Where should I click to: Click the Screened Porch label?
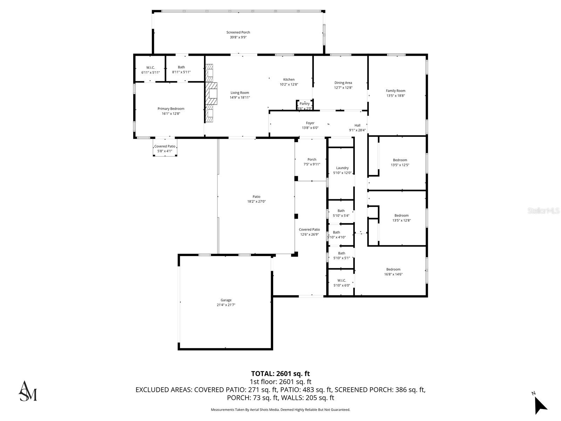(238, 33)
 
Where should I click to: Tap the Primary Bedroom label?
(171, 109)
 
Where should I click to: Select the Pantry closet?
(304, 105)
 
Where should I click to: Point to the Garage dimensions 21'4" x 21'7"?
(226, 305)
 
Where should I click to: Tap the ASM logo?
(27, 391)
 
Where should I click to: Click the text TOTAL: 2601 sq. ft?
(280, 374)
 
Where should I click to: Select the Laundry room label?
(342, 168)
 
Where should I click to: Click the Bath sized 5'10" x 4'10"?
(337, 234)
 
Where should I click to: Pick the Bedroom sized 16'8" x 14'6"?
(393, 272)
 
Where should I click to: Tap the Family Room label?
(396, 91)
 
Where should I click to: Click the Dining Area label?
(343, 83)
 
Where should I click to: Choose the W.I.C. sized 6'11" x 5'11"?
(150, 70)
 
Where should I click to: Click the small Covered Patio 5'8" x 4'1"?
(165, 149)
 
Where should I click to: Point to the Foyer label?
(310, 123)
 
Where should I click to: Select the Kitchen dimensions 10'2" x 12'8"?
(289, 85)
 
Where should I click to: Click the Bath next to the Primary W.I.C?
(181, 69)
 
